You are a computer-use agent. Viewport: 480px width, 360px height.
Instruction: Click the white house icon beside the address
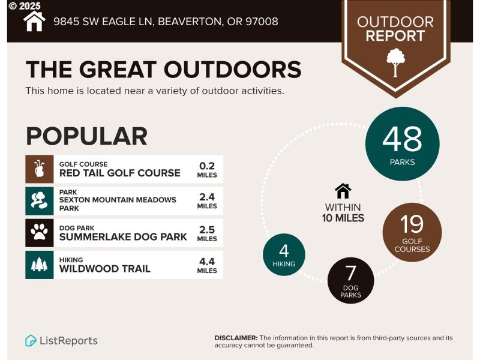coord(34,21)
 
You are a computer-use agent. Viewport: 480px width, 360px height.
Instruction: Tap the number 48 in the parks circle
coord(402,139)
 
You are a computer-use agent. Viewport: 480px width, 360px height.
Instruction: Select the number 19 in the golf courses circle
coord(412,224)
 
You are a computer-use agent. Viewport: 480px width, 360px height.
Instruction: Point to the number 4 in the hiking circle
coord(284,250)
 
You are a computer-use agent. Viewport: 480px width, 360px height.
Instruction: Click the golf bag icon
coord(40,169)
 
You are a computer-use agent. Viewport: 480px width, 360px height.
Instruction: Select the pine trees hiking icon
coord(40,265)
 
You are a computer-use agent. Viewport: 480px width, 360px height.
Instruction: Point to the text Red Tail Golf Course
coord(119,173)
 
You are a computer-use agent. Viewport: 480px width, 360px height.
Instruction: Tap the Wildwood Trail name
coord(104,268)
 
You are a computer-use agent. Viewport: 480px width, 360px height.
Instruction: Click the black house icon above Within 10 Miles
coord(343,191)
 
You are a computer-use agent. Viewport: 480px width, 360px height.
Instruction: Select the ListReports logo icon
coord(31,341)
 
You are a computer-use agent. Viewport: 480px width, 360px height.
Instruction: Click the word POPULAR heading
coord(86,136)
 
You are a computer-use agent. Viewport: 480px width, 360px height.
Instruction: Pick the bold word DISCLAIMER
coord(236,338)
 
